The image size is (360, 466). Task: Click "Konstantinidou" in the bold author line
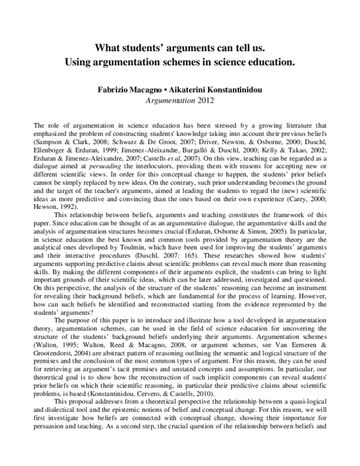point(230,88)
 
